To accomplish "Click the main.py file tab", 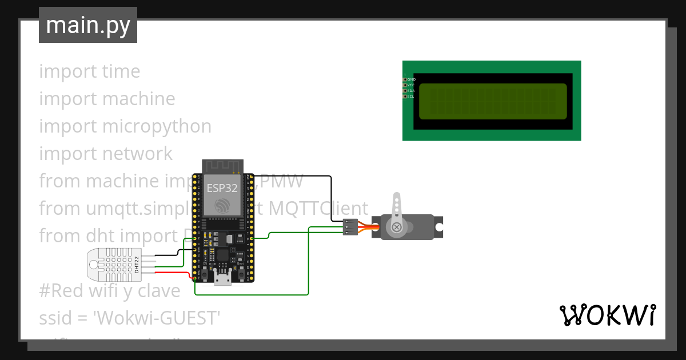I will (x=87, y=26).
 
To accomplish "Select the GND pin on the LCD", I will (x=405, y=79).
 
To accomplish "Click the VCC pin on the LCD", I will (x=405, y=85).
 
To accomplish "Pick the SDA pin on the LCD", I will (x=405, y=91).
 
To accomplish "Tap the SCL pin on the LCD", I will (x=405, y=97).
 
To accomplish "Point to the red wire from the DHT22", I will (x=171, y=272).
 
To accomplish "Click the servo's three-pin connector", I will (x=350, y=227).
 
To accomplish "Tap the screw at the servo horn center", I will (x=396, y=227).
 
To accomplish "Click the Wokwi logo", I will (x=607, y=315).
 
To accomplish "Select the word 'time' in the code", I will (x=121, y=71).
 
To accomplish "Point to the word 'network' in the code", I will (x=138, y=154).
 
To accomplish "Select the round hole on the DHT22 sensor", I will (x=93, y=263).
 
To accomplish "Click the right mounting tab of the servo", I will (x=438, y=227).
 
